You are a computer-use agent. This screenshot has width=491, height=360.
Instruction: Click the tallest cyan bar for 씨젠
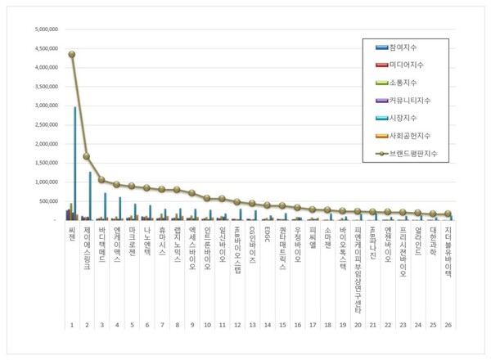click(x=75, y=164)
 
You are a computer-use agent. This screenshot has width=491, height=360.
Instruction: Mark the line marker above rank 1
click(x=71, y=54)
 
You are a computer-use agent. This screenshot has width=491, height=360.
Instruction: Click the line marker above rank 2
click(x=87, y=156)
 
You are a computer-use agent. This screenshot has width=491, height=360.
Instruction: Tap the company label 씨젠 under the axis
click(x=71, y=236)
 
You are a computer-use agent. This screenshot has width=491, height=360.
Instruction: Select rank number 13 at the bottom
click(x=252, y=324)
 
